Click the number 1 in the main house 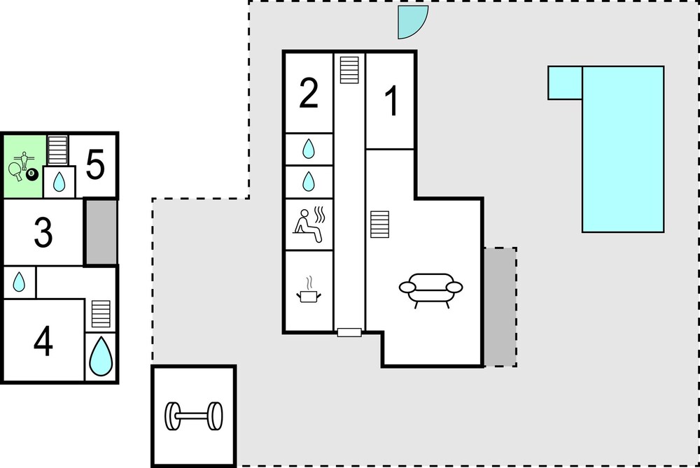point(391,101)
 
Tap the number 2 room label point(309,93)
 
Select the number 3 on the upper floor point(43,232)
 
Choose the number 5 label point(95,164)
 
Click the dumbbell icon point(194,416)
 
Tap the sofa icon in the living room point(430,290)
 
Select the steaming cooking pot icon point(309,290)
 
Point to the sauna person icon point(309,224)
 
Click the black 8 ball point(32,174)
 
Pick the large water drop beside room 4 point(101,356)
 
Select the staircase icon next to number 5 point(57,150)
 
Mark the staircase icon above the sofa point(379,224)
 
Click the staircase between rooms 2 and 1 point(349,69)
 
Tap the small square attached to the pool point(565,83)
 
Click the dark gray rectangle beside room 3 point(101,232)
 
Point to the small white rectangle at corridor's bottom point(349,332)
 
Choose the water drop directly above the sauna point(309,182)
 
